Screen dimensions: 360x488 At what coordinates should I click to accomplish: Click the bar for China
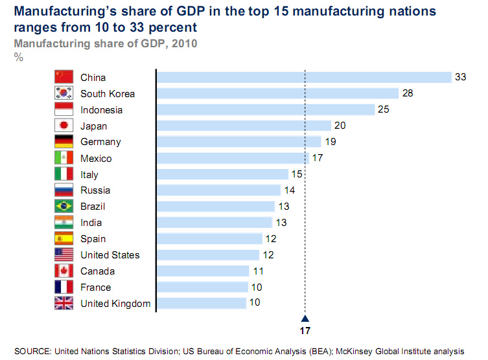(304, 77)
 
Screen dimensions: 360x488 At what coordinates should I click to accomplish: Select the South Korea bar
(278, 93)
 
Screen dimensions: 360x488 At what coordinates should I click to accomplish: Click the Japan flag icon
(64, 126)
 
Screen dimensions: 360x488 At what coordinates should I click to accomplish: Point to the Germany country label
(100, 142)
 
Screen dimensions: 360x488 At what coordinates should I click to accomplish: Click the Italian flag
(64, 174)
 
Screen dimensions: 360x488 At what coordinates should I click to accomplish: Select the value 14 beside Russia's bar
(288, 190)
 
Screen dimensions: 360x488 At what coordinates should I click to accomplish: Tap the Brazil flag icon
(64, 207)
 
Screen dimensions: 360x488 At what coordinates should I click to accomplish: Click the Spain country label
(93, 239)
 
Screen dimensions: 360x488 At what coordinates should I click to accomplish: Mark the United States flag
(64, 255)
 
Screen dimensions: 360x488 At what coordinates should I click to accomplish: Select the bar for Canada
(203, 271)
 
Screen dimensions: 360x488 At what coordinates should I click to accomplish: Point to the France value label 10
(257, 287)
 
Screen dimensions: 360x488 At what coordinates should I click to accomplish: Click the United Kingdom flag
(64, 303)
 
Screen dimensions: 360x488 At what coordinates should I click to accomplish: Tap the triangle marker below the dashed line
(305, 318)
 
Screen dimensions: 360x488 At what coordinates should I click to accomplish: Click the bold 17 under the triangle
(305, 330)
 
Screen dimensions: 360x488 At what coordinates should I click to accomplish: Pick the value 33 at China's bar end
(460, 77)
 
